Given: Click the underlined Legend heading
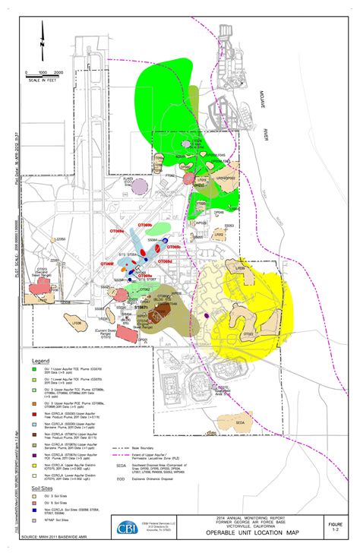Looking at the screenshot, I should (x=41, y=359).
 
